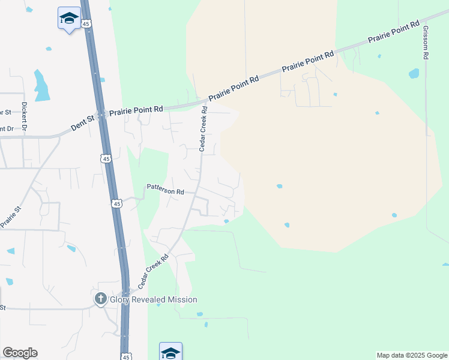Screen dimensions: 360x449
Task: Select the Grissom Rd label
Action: [x=425, y=42]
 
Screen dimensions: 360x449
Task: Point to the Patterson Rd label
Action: [x=165, y=190]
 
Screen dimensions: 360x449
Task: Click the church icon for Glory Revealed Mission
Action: [x=101, y=299]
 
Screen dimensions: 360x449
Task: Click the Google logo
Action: [x=20, y=353]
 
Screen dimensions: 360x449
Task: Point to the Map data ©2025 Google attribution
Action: [x=412, y=355]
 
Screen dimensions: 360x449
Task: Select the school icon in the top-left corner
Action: [x=70, y=19]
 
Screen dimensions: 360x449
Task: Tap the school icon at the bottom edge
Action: [x=170, y=352]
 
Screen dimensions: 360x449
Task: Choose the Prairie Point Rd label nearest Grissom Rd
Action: [x=394, y=34]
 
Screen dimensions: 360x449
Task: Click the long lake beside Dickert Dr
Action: [x=41, y=85]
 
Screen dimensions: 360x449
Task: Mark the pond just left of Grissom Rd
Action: [x=414, y=74]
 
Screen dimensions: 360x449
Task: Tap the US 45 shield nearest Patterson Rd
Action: [x=117, y=204]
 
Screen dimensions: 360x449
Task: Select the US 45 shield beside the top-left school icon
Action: [x=86, y=23]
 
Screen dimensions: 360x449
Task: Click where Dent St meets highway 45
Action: [x=102, y=115]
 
